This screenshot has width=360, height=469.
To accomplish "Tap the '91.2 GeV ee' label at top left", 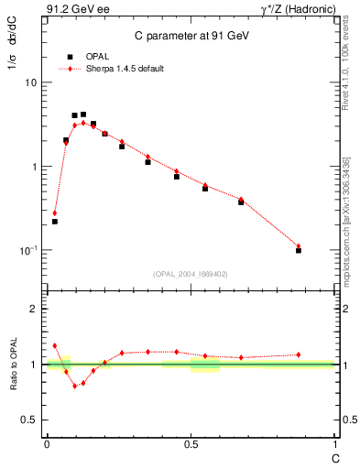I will click(x=73, y=11).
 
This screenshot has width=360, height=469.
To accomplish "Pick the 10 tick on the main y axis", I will click(x=30, y=82).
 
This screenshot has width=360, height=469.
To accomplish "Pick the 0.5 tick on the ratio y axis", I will click(x=30, y=420).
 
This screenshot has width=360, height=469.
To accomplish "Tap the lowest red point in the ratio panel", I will click(x=75, y=387).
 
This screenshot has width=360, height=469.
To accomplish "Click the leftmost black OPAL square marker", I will click(x=55, y=222).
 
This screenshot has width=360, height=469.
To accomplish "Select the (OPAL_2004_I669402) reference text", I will click(x=190, y=273).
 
